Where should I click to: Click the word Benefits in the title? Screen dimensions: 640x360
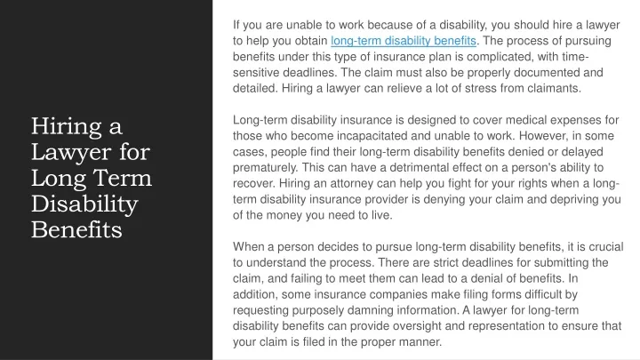[76, 230]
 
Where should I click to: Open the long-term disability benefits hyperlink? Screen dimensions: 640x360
[404, 41]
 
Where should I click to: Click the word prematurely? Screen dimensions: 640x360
[265, 168]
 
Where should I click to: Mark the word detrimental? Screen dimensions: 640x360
[419, 168]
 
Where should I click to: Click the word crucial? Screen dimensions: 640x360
[605, 247]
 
